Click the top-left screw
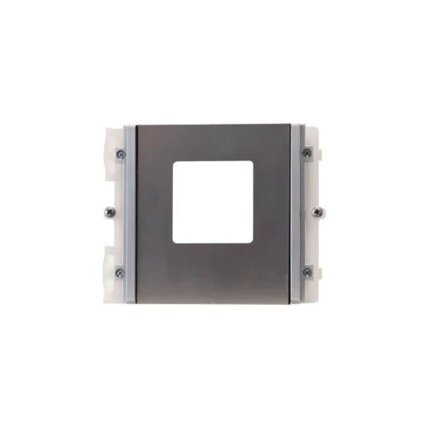coord(121,153)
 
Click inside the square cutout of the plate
coord(213,202)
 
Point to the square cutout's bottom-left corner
coord(174,243)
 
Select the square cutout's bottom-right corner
coord(253,243)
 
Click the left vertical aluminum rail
coord(129,212)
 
